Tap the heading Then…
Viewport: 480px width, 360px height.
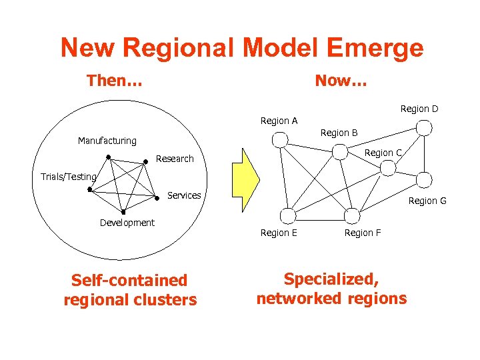pyautogui.click(x=114, y=81)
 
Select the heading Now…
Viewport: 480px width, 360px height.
pyautogui.click(x=341, y=81)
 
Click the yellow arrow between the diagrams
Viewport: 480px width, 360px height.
pyautogui.click(x=248, y=178)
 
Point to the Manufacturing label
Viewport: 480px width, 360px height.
pyautogui.click(x=107, y=141)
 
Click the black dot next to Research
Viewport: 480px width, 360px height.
pyautogui.click(x=146, y=161)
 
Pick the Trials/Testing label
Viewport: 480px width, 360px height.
pyautogui.click(x=68, y=177)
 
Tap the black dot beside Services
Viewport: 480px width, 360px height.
pyautogui.click(x=158, y=198)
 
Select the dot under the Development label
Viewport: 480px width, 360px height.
pyautogui.click(x=123, y=213)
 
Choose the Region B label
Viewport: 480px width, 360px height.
pyautogui.click(x=339, y=133)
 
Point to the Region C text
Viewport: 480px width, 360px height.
pyautogui.click(x=383, y=153)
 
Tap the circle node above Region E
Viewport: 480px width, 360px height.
pyautogui.click(x=288, y=215)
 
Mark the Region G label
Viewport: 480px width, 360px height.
pyautogui.click(x=427, y=201)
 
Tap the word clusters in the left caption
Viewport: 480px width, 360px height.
pyautogui.click(x=167, y=299)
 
